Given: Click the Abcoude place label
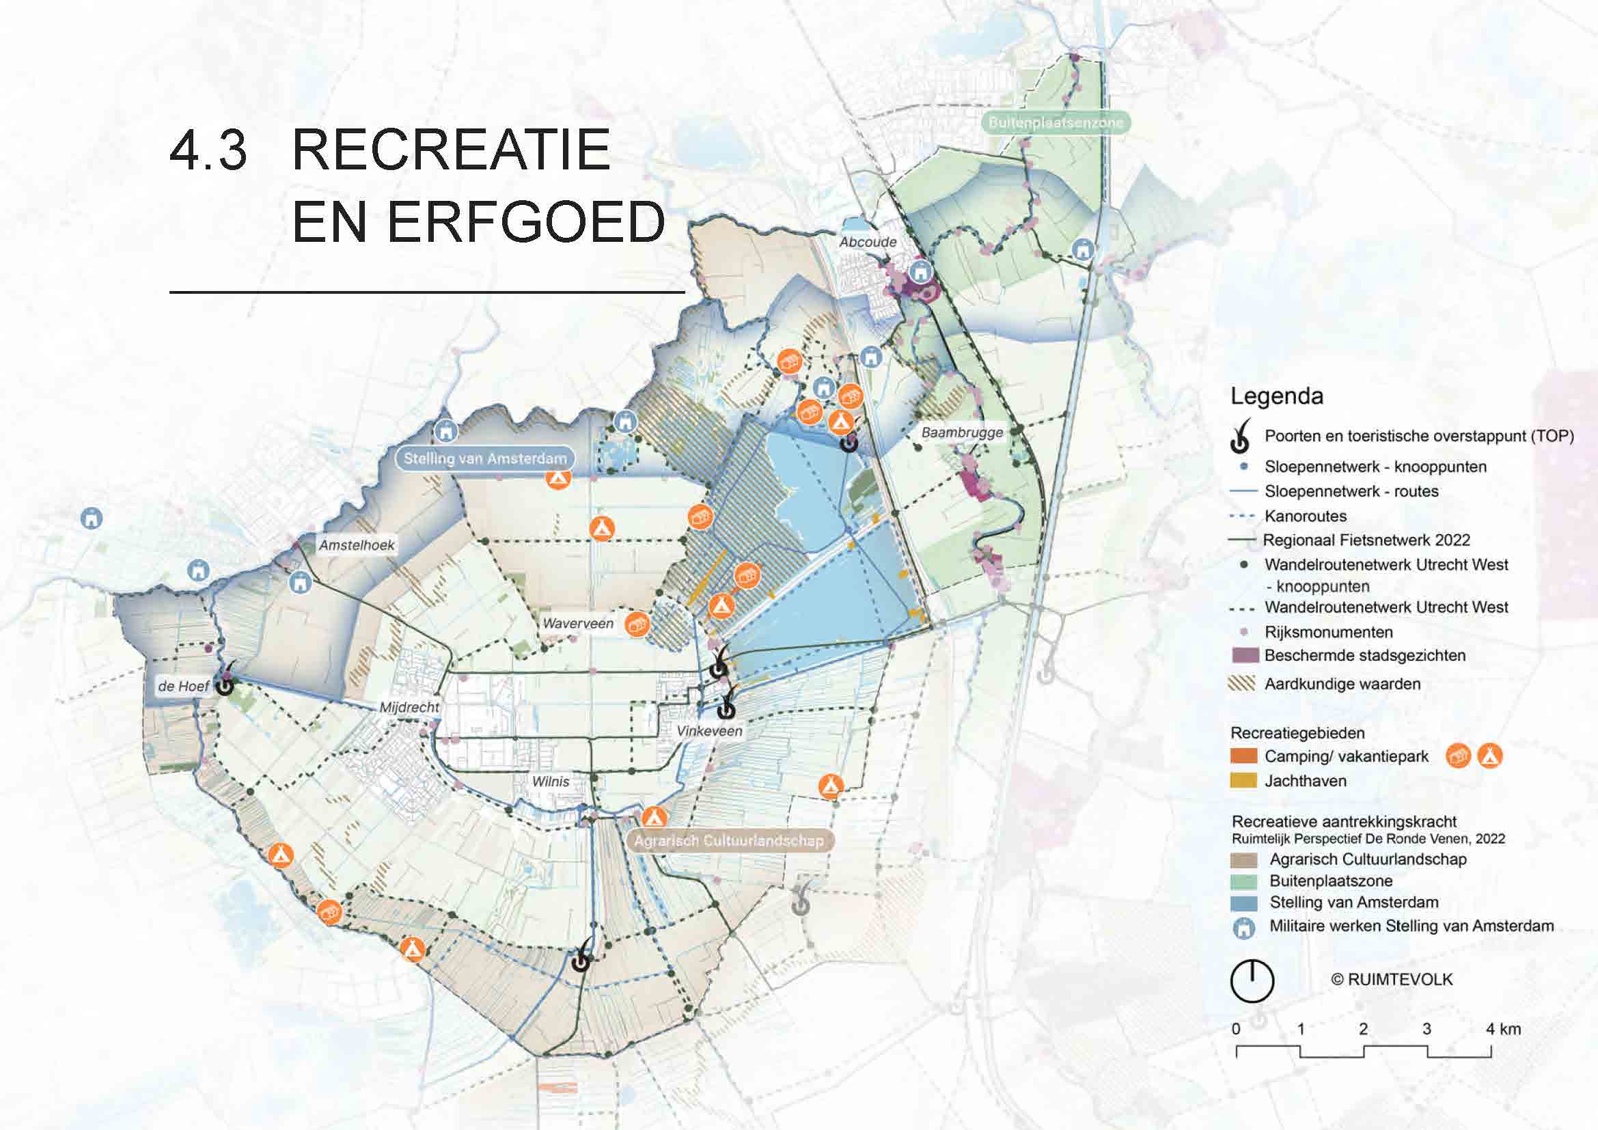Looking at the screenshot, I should click(x=867, y=242).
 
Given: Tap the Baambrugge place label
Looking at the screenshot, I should click(x=962, y=432).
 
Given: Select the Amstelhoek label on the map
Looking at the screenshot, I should click(x=357, y=545).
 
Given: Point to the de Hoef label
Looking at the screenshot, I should click(x=183, y=686).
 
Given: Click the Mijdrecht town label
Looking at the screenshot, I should click(x=409, y=707).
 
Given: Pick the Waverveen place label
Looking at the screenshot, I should click(x=578, y=624).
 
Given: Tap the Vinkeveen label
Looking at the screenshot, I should click(x=709, y=730).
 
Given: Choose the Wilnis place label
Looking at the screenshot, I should click(x=551, y=782).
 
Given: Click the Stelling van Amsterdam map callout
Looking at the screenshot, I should click(x=485, y=458).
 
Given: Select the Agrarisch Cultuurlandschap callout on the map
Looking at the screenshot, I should click(x=728, y=840).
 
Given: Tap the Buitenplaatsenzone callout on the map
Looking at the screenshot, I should click(x=1056, y=122).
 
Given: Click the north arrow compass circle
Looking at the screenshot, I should click(x=1252, y=981).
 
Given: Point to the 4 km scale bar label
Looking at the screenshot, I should click(x=1503, y=1028).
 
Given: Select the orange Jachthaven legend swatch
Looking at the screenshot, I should click(x=1243, y=781).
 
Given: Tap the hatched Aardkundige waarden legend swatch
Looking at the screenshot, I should click(x=1241, y=684).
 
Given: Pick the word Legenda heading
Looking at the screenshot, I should click(x=1276, y=396).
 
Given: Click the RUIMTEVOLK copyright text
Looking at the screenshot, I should click(x=1392, y=979).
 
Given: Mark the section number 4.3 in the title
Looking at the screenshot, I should click(x=208, y=150).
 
